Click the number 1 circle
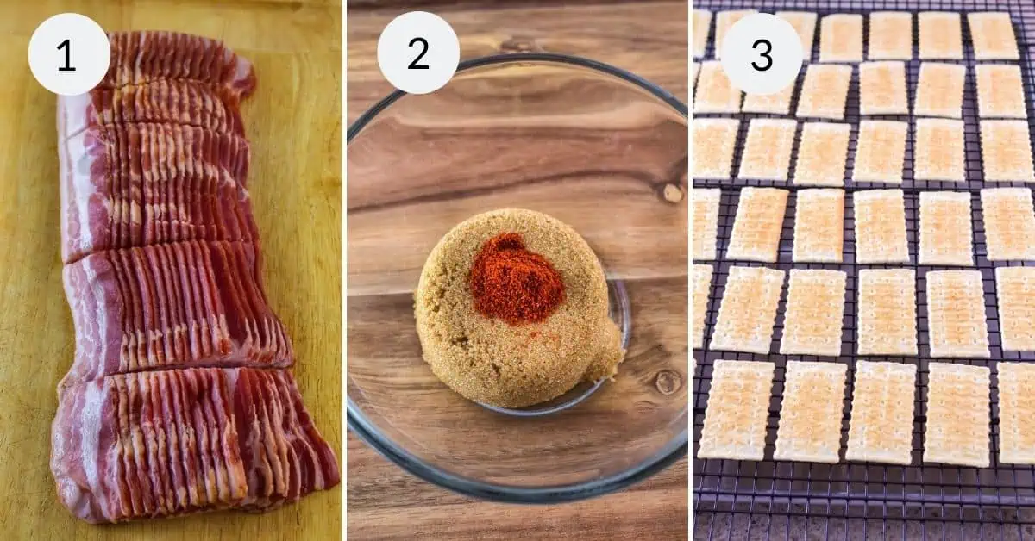[x=69, y=54]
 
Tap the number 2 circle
[x=418, y=53]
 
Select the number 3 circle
[x=761, y=53]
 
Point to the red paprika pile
[x=516, y=277]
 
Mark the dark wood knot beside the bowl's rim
[x=672, y=193]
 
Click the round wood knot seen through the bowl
[x=668, y=382]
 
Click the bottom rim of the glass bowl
[x=517, y=494]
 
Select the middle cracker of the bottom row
[x=880, y=412]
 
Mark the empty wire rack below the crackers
[x=862, y=508]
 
